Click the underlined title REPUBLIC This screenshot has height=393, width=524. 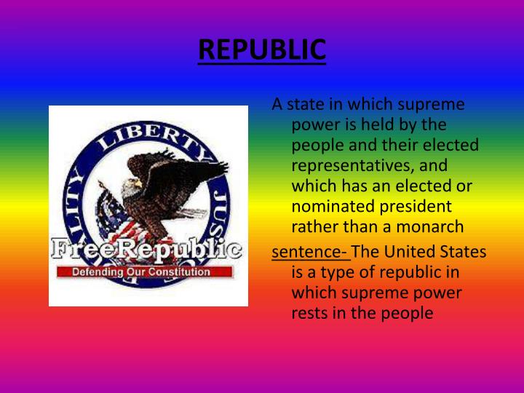[x=262, y=50]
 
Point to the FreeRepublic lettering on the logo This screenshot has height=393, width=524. [x=146, y=250]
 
